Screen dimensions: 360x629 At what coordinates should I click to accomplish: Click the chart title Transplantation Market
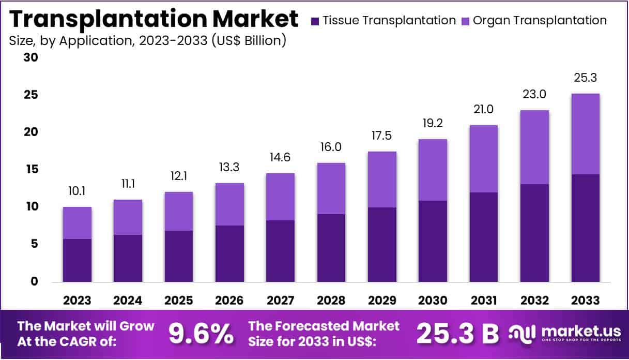pyautogui.click(x=154, y=19)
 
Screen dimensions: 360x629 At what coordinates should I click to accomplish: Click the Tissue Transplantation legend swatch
pyautogui.click(x=315, y=21)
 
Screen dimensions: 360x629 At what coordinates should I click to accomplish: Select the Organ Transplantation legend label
pyautogui.click(x=540, y=21)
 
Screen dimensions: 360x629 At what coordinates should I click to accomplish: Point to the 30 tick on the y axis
pyautogui.click(x=30, y=57)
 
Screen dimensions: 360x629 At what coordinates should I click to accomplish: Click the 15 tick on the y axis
pyautogui.click(x=30, y=169)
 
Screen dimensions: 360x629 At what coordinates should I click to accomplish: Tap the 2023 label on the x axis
pyautogui.click(x=77, y=301)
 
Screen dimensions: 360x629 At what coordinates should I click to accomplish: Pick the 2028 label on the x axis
pyautogui.click(x=331, y=301)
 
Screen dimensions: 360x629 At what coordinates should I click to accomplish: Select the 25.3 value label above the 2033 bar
pyautogui.click(x=585, y=78)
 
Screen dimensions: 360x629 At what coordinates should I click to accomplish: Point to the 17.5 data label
pyautogui.click(x=381, y=137)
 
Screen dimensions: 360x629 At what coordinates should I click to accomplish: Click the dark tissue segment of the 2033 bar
pyautogui.click(x=585, y=228)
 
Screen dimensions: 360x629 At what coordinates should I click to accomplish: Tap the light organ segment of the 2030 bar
pyautogui.click(x=432, y=170)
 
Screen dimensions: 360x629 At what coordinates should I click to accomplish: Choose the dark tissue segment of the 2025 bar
pyautogui.click(x=178, y=257)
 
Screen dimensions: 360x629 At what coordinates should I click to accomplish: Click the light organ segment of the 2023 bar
pyautogui.click(x=77, y=223)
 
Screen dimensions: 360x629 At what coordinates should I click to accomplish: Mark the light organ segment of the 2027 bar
pyautogui.click(x=280, y=197)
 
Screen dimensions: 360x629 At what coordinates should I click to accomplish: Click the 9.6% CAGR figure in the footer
pyautogui.click(x=201, y=334)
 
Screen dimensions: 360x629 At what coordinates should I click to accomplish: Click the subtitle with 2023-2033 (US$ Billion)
pyautogui.click(x=147, y=40)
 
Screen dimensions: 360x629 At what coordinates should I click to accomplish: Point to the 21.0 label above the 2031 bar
pyautogui.click(x=483, y=110)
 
